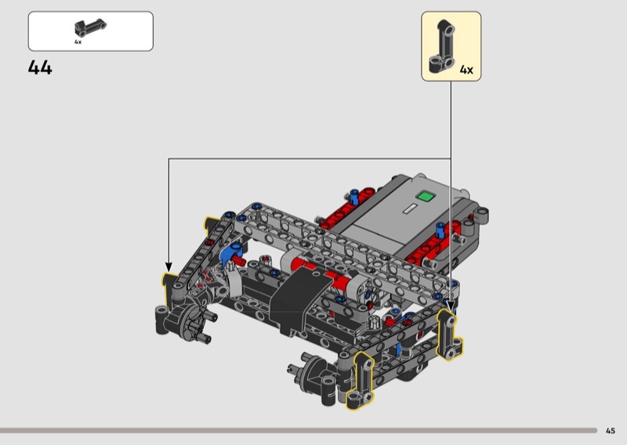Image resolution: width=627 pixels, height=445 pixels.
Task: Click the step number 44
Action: [40, 67]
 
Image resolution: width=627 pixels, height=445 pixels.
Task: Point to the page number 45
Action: [611, 431]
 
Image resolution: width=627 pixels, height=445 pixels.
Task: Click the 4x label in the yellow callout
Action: [466, 70]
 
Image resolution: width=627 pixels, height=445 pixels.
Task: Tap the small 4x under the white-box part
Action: [78, 42]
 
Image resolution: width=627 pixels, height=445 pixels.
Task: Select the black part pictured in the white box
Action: [90, 27]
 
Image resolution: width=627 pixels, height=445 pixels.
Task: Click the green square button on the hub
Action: [425, 196]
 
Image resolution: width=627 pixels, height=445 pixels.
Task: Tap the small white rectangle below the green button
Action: [410, 209]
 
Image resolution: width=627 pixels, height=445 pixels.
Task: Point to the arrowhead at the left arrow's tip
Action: [169, 267]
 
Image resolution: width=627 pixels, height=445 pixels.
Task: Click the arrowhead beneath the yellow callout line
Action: [451, 306]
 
